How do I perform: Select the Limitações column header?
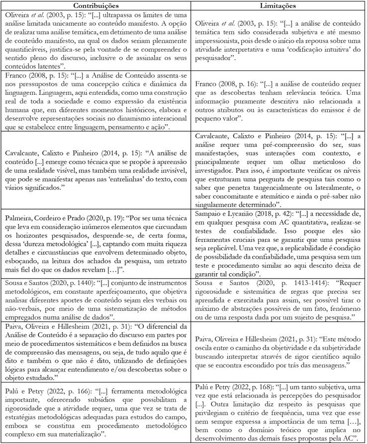coord(278,5)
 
